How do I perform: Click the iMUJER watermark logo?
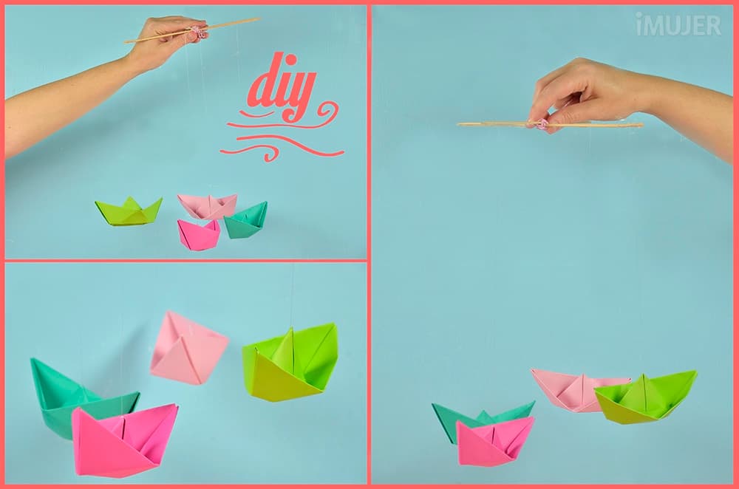click(x=678, y=24)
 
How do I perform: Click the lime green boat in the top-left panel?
click(x=128, y=211)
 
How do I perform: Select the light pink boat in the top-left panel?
click(x=208, y=205)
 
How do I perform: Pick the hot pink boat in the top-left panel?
click(x=198, y=235)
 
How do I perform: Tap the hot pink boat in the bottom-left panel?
click(x=124, y=440)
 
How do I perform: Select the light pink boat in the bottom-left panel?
click(x=188, y=348)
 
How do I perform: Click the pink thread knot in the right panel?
click(x=542, y=125)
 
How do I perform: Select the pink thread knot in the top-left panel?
click(x=197, y=32)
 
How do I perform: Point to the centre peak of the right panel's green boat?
click(x=644, y=376)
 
